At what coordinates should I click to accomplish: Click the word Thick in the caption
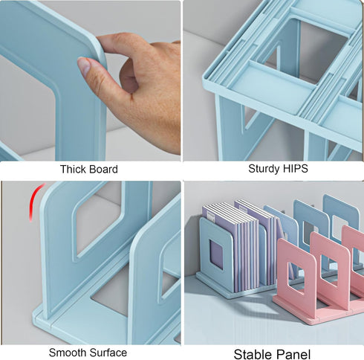73,170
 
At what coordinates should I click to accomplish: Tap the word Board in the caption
103,170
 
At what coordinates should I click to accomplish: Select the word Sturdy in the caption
263,169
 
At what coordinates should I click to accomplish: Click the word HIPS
294,169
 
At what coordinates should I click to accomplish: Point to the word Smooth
68,353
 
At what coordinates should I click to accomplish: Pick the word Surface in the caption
108,353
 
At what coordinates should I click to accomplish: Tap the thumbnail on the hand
83,66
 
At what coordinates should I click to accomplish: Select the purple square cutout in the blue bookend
216,254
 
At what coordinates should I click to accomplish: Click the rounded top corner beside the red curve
46,195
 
